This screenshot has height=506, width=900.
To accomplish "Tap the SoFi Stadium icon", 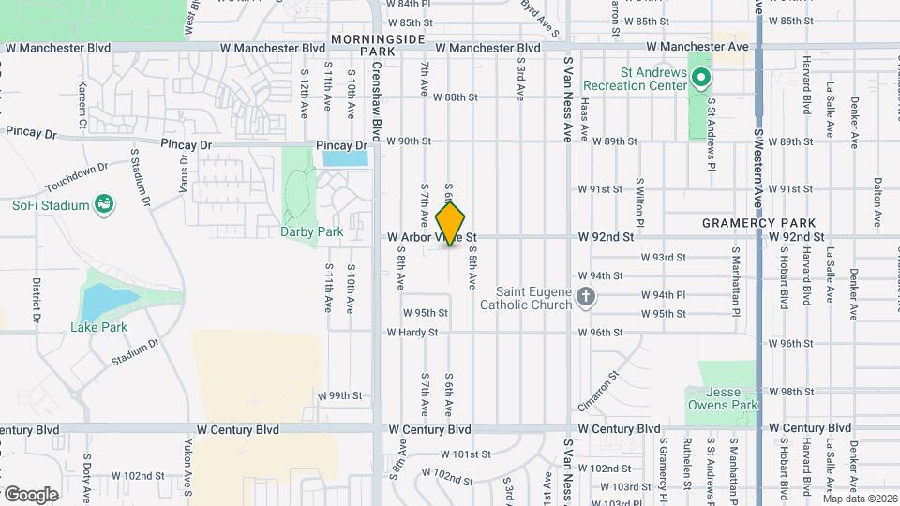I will click(x=105, y=205).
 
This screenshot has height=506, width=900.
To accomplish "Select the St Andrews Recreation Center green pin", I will click(x=699, y=80).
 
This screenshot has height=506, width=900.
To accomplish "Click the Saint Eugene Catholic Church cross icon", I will click(x=586, y=298).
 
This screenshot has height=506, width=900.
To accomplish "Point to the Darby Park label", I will click(x=312, y=231).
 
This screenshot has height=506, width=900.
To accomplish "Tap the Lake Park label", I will click(x=98, y=327).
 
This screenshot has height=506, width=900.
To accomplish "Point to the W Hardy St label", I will click(x=412, y=333).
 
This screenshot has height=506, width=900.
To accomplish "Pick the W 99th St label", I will click(x=339, y=396).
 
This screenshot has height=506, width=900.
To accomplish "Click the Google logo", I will click(x=30, y=494).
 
